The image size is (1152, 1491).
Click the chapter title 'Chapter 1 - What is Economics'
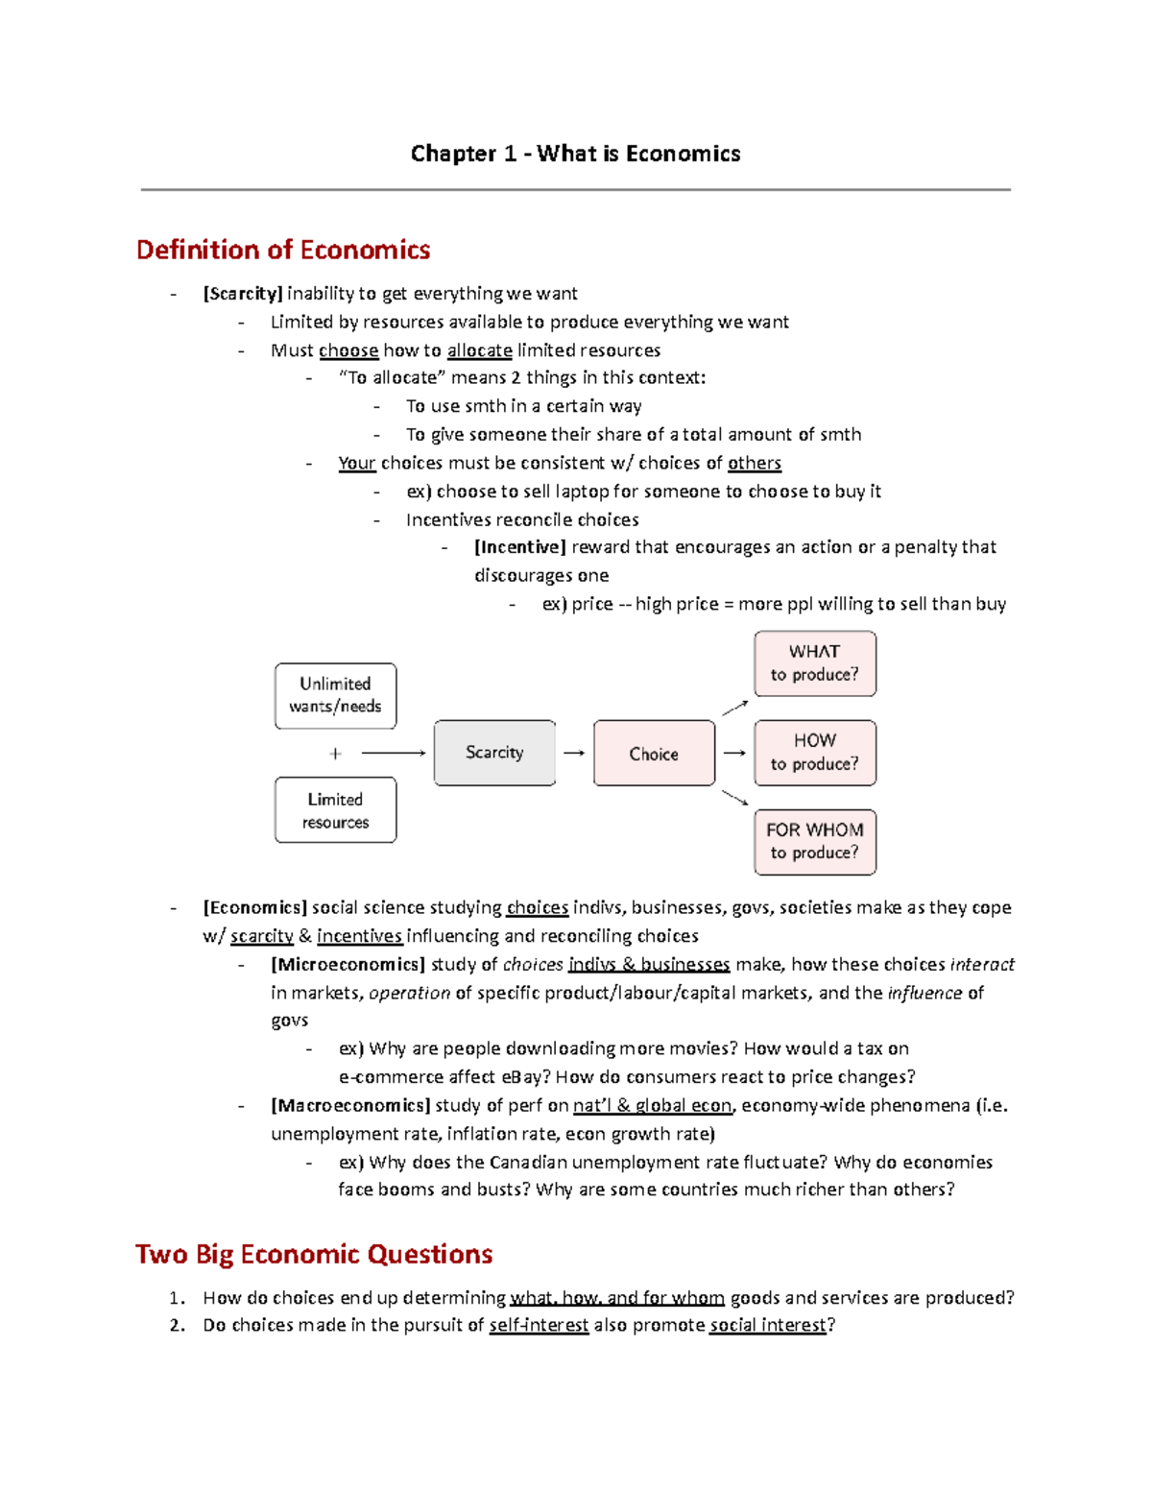click(x=575, y=154)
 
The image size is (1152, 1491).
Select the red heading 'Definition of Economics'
click(x=283, y=250)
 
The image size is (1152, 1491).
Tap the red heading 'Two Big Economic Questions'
click(x=314, y=1254)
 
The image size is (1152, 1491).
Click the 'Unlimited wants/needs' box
click(x=335, y=695)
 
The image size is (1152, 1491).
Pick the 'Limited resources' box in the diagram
click(x=335, y=810)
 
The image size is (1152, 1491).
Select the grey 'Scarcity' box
click(x=494, y=753)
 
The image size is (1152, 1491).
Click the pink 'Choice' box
click(x=654, y=754)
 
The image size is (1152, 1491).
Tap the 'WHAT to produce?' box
click(x=815, y=663)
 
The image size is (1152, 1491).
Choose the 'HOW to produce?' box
click(x=815, y=753)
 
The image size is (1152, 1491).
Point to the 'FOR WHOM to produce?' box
click(x=815, y=842)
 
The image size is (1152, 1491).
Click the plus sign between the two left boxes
click(x=335, y=754)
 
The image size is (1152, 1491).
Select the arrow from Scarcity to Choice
click(x=574, y=754)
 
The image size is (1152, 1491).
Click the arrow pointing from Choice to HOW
click(x=734, y=754)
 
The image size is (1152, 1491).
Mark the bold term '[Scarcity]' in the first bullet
click(x=242, y=294)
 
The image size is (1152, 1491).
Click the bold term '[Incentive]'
click(x=519, y=547)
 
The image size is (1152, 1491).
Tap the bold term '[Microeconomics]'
click(x=348, y=964)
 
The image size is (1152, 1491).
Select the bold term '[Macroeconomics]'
click(x=349, y=1105)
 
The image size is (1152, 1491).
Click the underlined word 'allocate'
click(x=479, y=350)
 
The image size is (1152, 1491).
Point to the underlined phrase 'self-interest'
click(x=539, y=1325)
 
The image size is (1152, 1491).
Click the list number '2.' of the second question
click(x=177, y=1325)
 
